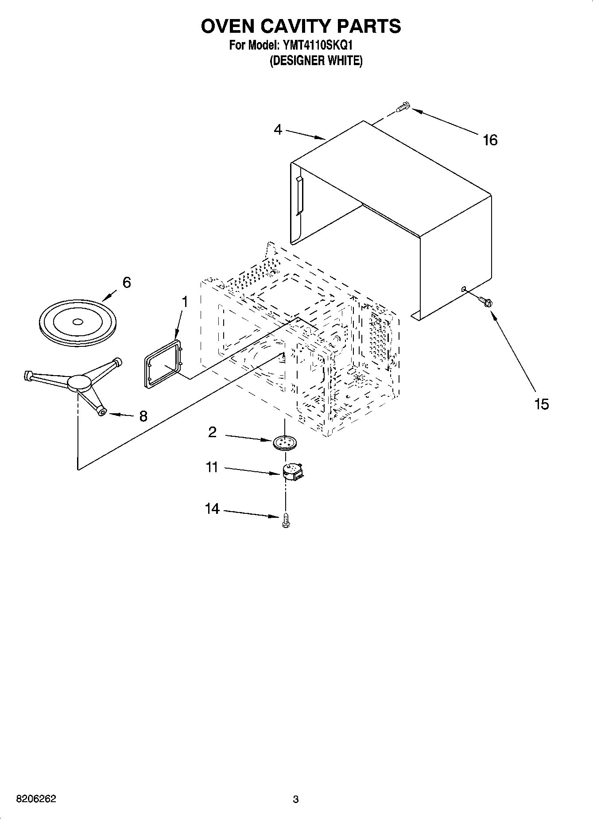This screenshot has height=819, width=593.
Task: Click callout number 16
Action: coord(490,140)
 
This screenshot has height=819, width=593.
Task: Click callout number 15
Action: coord(541,404)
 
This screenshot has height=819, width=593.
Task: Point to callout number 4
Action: coord(278,130)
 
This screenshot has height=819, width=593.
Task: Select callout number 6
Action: coord(127,283)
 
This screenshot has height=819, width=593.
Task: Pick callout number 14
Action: coord(212,509)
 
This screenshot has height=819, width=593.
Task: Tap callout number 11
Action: coord(212,467)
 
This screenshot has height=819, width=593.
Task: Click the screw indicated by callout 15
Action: coord(486,302)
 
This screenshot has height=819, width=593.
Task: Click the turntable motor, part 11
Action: coord(292,471)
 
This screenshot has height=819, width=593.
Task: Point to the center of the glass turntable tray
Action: coord(78,322)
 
